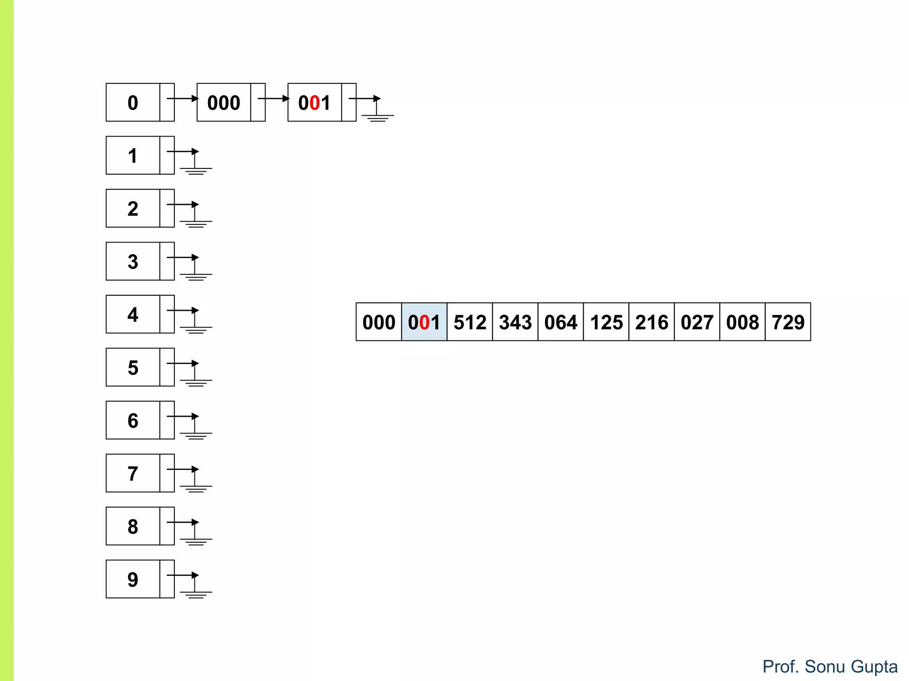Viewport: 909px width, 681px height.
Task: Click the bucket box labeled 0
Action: (133, 102)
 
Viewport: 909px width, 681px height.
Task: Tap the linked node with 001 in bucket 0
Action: (315, 102)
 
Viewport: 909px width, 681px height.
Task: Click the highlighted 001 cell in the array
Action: (424, 322)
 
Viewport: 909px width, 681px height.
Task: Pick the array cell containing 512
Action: (470, 322)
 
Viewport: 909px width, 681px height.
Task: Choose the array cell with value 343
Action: (515, 322)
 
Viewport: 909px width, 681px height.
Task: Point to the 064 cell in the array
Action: (561, 322)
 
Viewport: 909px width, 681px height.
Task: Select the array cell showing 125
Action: (606, 322)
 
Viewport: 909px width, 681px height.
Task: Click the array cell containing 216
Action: (652, 322)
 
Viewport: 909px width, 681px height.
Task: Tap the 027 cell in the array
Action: (697, 322)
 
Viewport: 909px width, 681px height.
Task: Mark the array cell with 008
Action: (742, 322)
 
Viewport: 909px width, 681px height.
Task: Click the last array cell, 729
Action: (788, 322)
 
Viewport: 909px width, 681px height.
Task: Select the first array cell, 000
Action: (379, 322)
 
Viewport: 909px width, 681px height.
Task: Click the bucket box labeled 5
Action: (133, 367)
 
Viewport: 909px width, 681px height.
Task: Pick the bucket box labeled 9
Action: (133, 579)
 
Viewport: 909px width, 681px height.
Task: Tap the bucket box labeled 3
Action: (133, 261)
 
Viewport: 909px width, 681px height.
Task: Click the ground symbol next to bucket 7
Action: (196, 487)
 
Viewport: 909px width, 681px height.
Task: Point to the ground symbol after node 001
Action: (378, 117)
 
